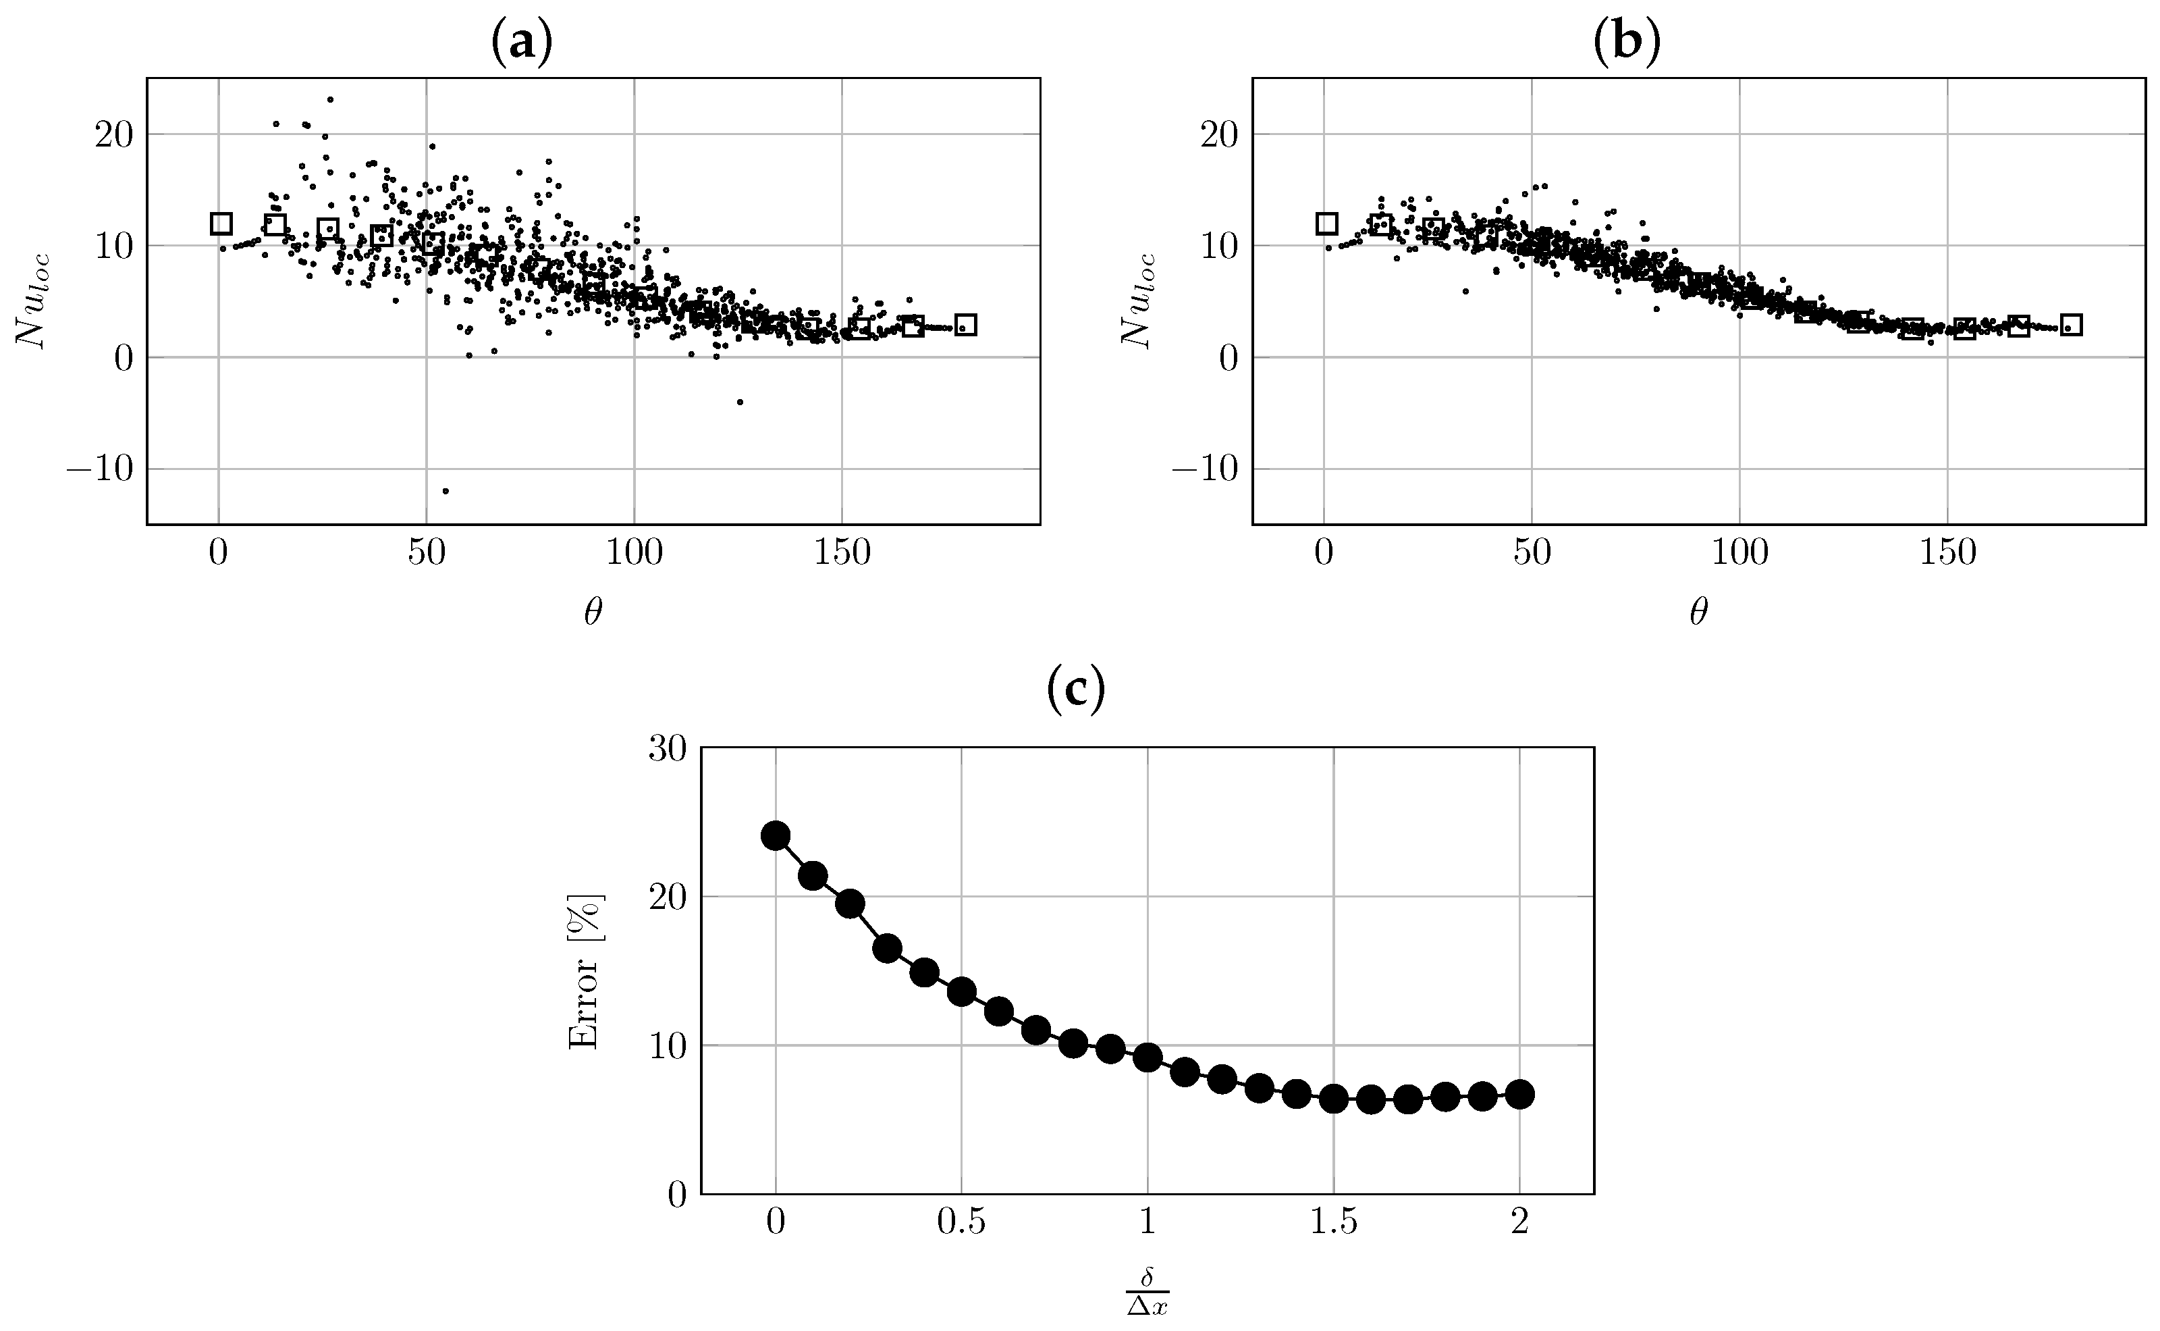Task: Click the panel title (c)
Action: pyautogui.click(x=1075, y=691)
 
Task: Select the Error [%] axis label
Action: pyautogui.click(x=584, y=972)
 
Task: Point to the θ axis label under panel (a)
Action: pyautogui.click(x=593, y=614)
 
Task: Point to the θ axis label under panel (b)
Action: pyautogui.click(x=1698, y=614)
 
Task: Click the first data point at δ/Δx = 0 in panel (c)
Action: pyautogui.click(x=775, y=835)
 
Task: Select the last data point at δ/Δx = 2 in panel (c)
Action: pyautogui.click(x=1520, y=1094)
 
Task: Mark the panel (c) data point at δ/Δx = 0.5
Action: pyautogui.click(x=962, y=992)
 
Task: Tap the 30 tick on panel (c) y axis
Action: pyautogui.click(x=667, y=749)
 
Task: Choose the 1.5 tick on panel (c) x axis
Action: pyautogui.click(x=1334, y=1224)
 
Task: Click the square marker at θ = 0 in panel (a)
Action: pyautogui.click(x=221, y=224)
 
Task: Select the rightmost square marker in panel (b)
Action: pyautogui.click(x=2071, y=325)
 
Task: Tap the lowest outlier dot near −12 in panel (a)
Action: pyautogui.click(x=446, y=491)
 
